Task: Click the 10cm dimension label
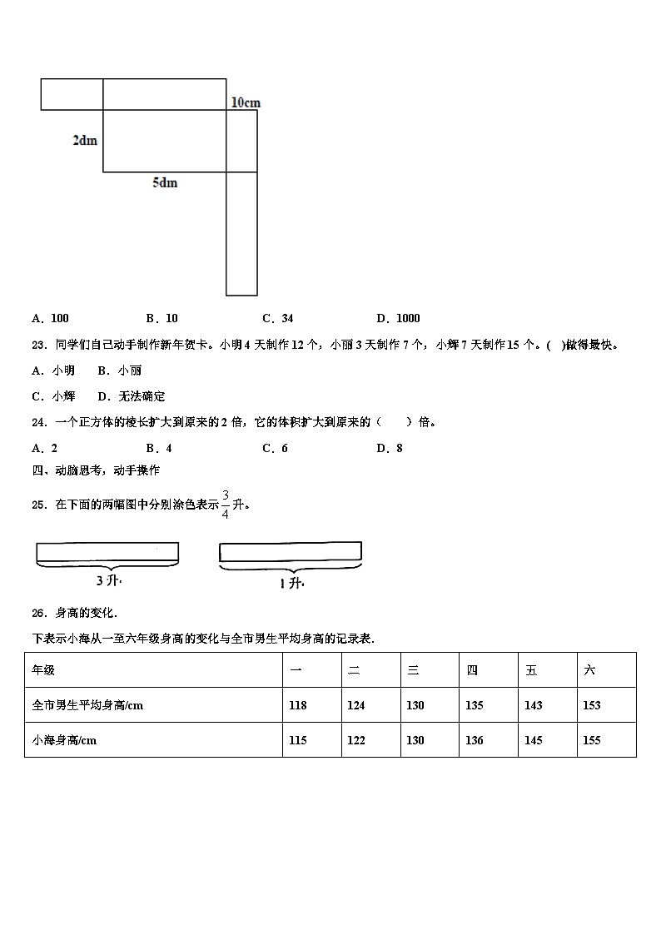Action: (245, 102)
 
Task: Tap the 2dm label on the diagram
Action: (84, 140)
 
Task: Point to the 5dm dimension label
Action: (164, 182)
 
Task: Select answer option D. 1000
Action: (398, 318)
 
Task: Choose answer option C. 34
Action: (277, 318)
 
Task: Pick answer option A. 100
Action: (50, 318)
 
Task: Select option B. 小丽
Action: (120, 371)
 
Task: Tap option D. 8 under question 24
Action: (390, 448)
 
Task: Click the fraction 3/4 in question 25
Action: (225, 503)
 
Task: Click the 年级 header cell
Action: (43, 669)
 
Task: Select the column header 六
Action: (589, 669)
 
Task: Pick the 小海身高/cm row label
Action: (64, 740)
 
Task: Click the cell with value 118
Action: (297, 705)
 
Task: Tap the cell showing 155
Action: (591, 740)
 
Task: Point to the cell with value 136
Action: (474, 740)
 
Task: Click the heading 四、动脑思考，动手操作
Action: (96, 470)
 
